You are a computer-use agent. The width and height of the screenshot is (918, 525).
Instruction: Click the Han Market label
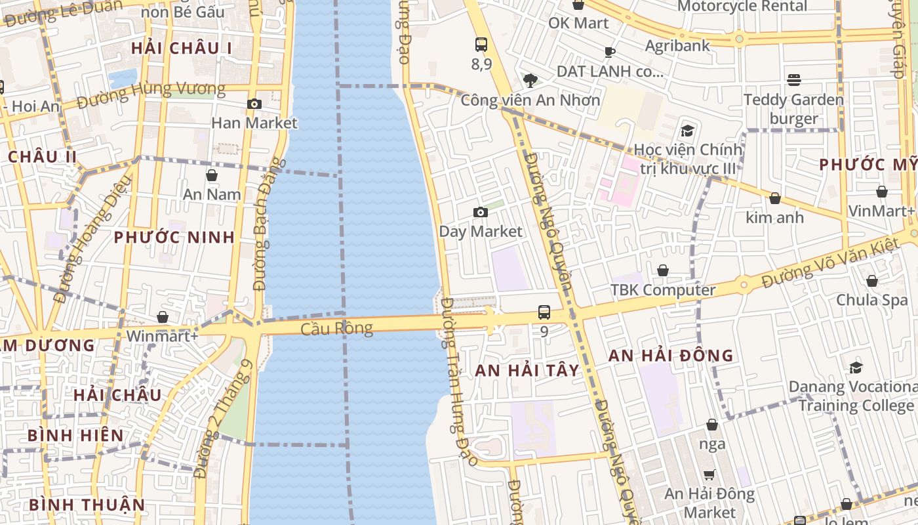click(254, 123)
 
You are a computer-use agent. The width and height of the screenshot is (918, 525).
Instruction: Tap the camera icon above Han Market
click(254, 104)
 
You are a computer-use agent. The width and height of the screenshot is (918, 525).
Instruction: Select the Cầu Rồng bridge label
click(336, 328)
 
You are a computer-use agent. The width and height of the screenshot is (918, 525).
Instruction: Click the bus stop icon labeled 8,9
click(481, 45)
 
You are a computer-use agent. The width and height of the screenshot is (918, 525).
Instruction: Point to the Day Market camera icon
click(481, 212)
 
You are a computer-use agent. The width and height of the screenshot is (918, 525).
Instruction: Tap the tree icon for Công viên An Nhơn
click(530, 81)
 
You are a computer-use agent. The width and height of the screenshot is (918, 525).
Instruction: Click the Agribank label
click(677, 45)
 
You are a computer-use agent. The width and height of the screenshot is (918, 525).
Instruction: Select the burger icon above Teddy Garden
click(794, 80)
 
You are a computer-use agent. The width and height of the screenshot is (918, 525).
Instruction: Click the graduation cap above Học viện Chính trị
click(687, 131)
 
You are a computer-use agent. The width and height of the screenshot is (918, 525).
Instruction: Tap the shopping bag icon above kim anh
click(775, 198)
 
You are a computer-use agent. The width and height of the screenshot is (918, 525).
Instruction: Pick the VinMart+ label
click(881, 211)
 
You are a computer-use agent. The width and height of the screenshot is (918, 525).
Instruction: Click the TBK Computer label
click(663, 290)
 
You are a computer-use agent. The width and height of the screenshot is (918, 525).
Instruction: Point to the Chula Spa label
click(871, 300)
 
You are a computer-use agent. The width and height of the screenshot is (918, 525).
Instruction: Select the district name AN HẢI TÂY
click(527, 371)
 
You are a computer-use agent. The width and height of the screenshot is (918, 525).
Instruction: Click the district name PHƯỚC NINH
click(174, 238)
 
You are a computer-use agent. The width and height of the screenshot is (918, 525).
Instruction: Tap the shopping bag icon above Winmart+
click(163, 318)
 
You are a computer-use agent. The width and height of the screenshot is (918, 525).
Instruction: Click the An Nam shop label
click(212, 194)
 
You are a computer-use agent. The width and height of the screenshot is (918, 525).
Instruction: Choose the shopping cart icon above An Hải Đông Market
click(709, 474)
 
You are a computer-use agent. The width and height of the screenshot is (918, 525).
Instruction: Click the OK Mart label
click(578, 23)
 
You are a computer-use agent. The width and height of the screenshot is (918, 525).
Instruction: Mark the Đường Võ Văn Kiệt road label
click(829, 263)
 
